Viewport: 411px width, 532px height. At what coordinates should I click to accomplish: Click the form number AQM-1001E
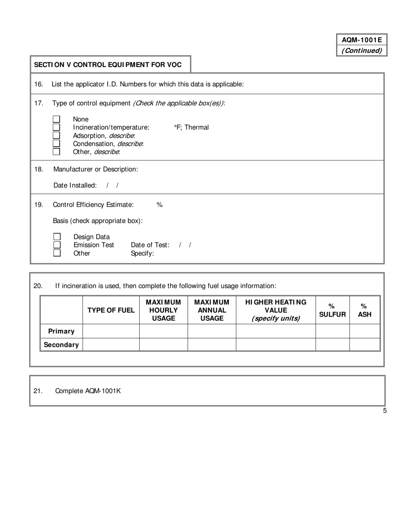click(x=362, y=40)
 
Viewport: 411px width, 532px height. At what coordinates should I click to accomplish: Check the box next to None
click(x=56, y=119)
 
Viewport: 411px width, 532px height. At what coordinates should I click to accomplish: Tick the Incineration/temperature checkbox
click(x=56, y=127)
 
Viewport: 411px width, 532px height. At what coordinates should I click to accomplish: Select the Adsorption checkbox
click(x=56, y=135)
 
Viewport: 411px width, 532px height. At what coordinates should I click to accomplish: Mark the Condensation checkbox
click(x=56, y=144)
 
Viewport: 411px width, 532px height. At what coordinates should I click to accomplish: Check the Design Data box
click(x=57, y=237)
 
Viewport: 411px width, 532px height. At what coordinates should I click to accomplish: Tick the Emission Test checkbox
click(x=57, y=245)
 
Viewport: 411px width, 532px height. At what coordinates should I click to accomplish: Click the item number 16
click(x=39, y=84)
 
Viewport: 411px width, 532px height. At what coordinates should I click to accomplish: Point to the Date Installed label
click(x=75, y=185)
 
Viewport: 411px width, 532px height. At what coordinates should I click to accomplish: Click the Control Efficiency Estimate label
click(x=93, y=205)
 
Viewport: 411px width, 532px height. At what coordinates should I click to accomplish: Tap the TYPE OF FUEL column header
click(x=111, y=310)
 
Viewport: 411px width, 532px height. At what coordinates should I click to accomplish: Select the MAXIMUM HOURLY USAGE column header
click(x=163, y=310)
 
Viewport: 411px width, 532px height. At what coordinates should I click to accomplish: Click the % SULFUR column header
click(x=332, y=310)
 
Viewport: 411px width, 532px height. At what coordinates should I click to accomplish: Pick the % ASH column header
click(x=364, y=310)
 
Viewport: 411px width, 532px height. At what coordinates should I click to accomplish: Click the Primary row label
click(x=61, y=331)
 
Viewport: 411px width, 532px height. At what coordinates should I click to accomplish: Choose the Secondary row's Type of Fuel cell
click(x=111, y=345)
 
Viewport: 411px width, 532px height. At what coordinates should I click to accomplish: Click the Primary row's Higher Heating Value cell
click(x=276, y=331)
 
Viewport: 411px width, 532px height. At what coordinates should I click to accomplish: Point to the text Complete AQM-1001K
click(x=88, y=391)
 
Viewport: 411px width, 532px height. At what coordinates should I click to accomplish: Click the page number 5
click(x=385, y=411)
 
